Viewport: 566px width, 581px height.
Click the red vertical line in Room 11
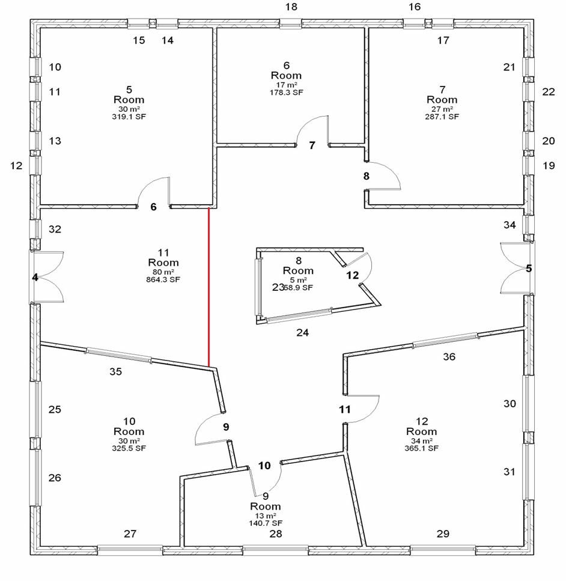208,287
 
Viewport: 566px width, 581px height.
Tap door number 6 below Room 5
153,207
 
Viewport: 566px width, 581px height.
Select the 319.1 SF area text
130,117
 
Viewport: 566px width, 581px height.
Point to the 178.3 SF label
286,93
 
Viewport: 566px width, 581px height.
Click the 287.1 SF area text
442,117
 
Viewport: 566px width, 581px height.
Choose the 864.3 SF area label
163,279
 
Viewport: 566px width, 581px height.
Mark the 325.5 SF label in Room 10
129,448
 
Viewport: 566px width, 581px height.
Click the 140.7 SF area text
266,523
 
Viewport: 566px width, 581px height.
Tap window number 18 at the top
291,7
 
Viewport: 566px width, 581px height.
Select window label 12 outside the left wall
16,165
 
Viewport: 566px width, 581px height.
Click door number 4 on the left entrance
35,278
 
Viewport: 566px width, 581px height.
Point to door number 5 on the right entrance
529,269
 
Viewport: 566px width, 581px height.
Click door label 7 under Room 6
312,145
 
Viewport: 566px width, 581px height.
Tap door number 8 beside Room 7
367,176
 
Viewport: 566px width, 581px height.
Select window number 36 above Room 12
449,357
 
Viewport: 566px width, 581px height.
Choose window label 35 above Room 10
115,372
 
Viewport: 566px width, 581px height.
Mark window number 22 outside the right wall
549,92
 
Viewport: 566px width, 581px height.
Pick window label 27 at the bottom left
130,534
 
